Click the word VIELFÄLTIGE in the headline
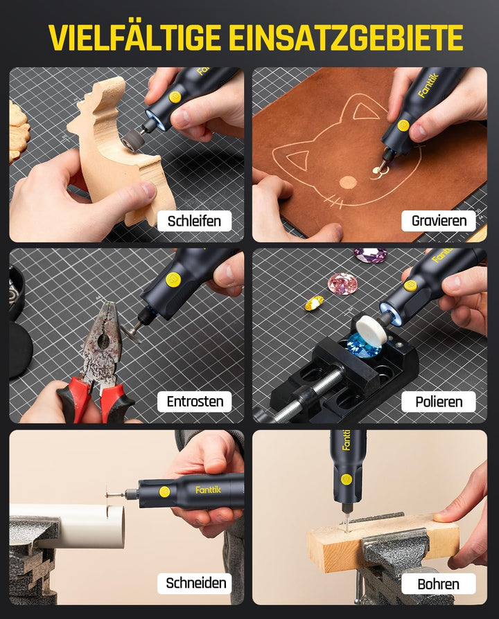(134, 37)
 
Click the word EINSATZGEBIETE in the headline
(346, 37)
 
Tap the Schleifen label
(194, 221)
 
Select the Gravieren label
(439, 221)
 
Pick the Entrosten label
(194, 402)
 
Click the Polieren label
(439, 402)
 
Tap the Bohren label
(439, 584)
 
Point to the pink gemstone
(342, 283)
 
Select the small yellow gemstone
(314, 303)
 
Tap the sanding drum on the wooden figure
(132, 140)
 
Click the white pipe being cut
(67, 525)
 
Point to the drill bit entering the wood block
(346, 518)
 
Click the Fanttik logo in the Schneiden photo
(208, 490)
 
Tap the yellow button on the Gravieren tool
(403, 125)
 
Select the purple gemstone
(370, 255)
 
